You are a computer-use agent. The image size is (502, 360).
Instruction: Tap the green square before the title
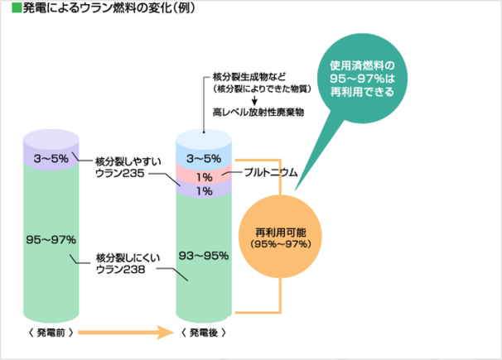tap(7, 12)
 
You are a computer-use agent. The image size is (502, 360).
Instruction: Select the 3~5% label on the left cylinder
tap(51, 157)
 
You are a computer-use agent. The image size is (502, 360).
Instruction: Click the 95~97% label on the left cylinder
tap(51, 239)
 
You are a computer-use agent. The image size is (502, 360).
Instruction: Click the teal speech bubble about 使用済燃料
tap(361, 74)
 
